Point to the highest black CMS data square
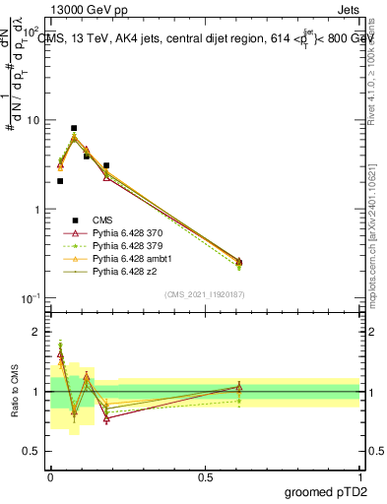(x=74, y=128)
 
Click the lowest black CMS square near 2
(x=60, y=181)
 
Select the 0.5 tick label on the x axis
(x=205, y=476)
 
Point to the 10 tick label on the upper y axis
(x=32, y=120)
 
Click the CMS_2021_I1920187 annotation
(x=205, y=294)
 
